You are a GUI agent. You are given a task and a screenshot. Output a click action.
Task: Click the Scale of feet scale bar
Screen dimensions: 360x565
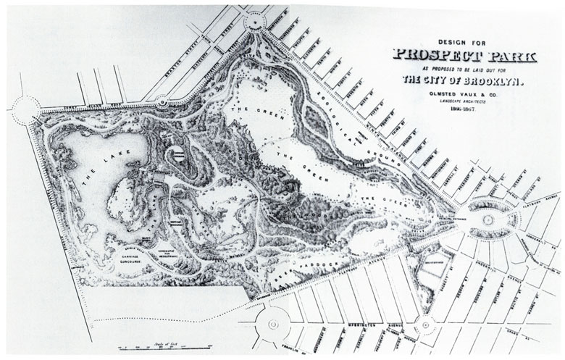click(167, 344)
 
